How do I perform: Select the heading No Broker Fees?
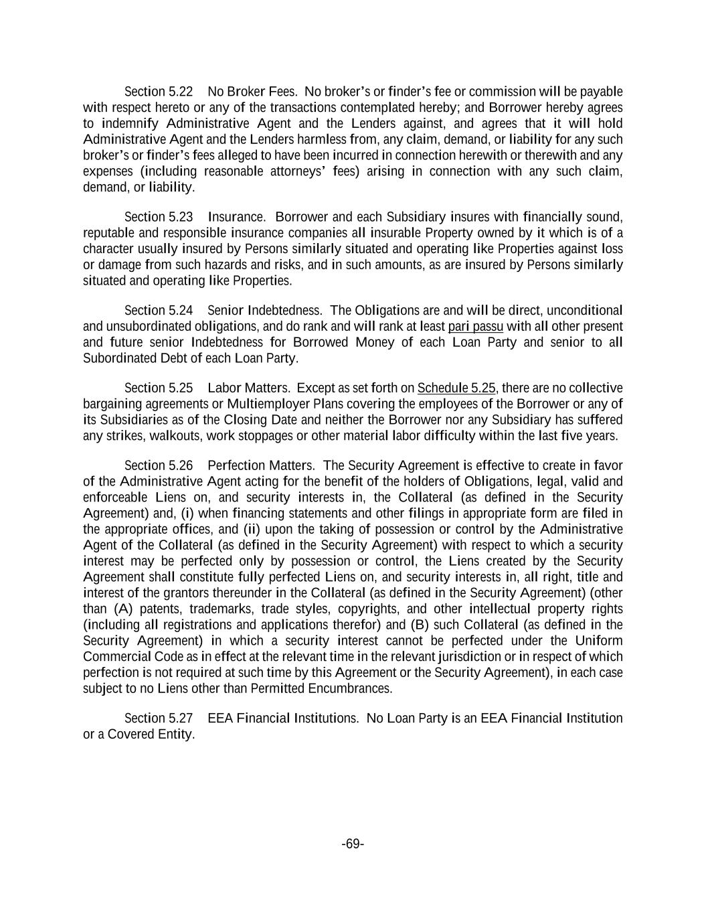[252, 92]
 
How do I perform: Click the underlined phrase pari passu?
[475, 327]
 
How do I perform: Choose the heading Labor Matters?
[249, 388]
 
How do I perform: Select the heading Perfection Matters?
[261, 466]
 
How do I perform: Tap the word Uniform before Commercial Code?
[599, 641]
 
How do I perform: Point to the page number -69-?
[353, 844]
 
